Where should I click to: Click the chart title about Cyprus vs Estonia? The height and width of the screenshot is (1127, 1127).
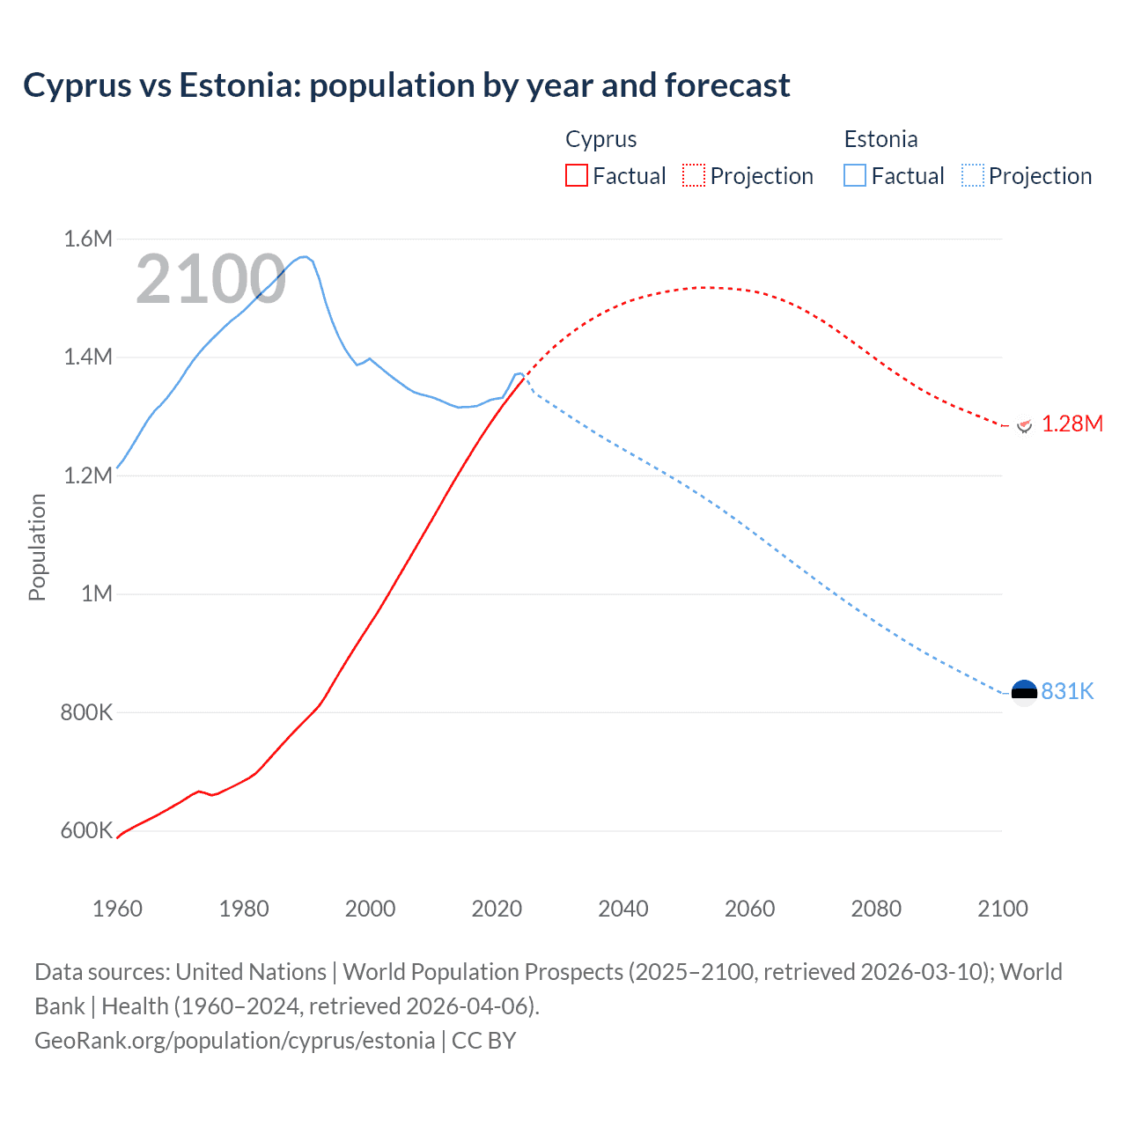click(x=406, y=85)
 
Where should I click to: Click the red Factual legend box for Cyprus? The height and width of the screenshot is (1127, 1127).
click(x=576, y=175)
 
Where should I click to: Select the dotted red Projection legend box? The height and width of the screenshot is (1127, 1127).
click(x=694, y=175)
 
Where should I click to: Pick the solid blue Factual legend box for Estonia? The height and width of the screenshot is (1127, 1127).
click(x=855, y=175)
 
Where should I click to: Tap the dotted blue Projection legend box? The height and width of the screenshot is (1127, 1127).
click(x=973, y=175)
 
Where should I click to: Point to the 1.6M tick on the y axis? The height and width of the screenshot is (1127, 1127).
click(x=88, y=239)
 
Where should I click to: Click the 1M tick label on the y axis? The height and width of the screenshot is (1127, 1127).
click(x=97, y=593)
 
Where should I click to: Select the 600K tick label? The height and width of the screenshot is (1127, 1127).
click(x=86, y=830)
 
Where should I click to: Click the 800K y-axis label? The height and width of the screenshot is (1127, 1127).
click(x=86, y=712)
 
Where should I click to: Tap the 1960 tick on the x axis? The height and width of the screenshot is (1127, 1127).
click(x=117, y=909)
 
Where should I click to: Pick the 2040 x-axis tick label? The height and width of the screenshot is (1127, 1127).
click(x=623, y=909)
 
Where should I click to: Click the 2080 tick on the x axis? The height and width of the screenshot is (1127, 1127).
click(x=876, y=909)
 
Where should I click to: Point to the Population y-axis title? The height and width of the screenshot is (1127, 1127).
click(x=37, y=547)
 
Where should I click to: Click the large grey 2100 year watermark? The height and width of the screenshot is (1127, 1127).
click(x=210, y=279)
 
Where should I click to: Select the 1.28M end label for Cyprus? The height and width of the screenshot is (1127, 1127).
click(x=1072, y=424)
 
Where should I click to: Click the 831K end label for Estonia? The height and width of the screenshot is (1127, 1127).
click(x=1067, y=691)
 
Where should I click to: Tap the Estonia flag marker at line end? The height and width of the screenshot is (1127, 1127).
click(x=1024, y=693)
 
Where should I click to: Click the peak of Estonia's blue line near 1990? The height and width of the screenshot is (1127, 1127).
click(x=304, y=256)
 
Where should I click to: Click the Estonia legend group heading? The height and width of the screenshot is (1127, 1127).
click(x=880, y=139)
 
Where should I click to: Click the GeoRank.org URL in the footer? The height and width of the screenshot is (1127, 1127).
click(x=234, y=1041)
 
